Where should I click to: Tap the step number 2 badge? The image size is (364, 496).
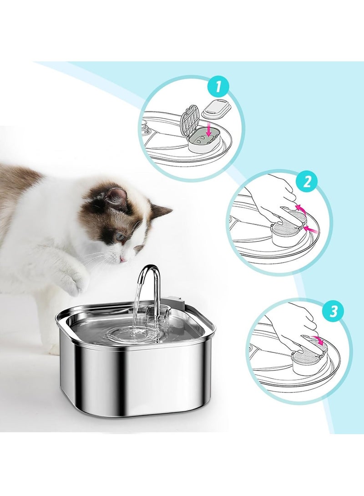point(307,182)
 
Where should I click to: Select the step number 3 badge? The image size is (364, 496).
point(334,311)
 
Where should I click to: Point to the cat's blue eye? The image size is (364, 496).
point(119,236)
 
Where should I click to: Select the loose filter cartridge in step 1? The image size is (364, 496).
point(217,109)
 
